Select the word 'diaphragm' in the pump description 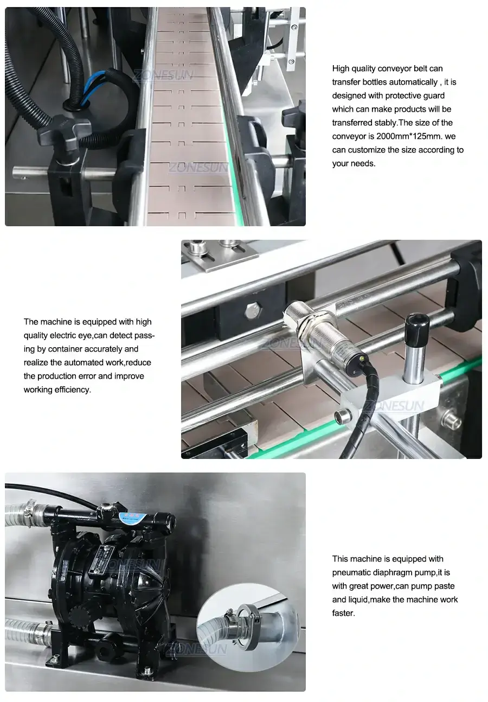391,572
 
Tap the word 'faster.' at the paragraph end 343,613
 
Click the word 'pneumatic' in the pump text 350,572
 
